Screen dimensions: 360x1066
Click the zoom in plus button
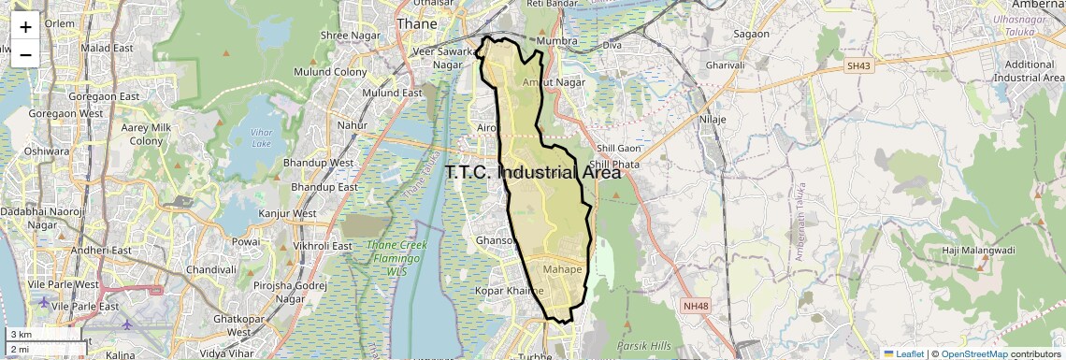click(x=25, y=26)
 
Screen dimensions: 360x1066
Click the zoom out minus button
click(x=25, y=54)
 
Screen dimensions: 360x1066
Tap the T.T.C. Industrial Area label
click(x=533, y=173)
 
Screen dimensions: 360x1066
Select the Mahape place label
click(x=562, y=270)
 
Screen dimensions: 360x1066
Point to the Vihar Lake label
click(x=262, y=138)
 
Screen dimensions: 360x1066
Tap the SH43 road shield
click(x=857, y=66)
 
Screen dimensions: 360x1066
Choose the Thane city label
click(x=417, y=23)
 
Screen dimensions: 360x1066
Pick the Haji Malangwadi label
click(x=977, y=251)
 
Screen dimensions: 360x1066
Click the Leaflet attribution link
click(x=903, y=353)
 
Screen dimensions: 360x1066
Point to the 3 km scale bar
click(x=42, y=334)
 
